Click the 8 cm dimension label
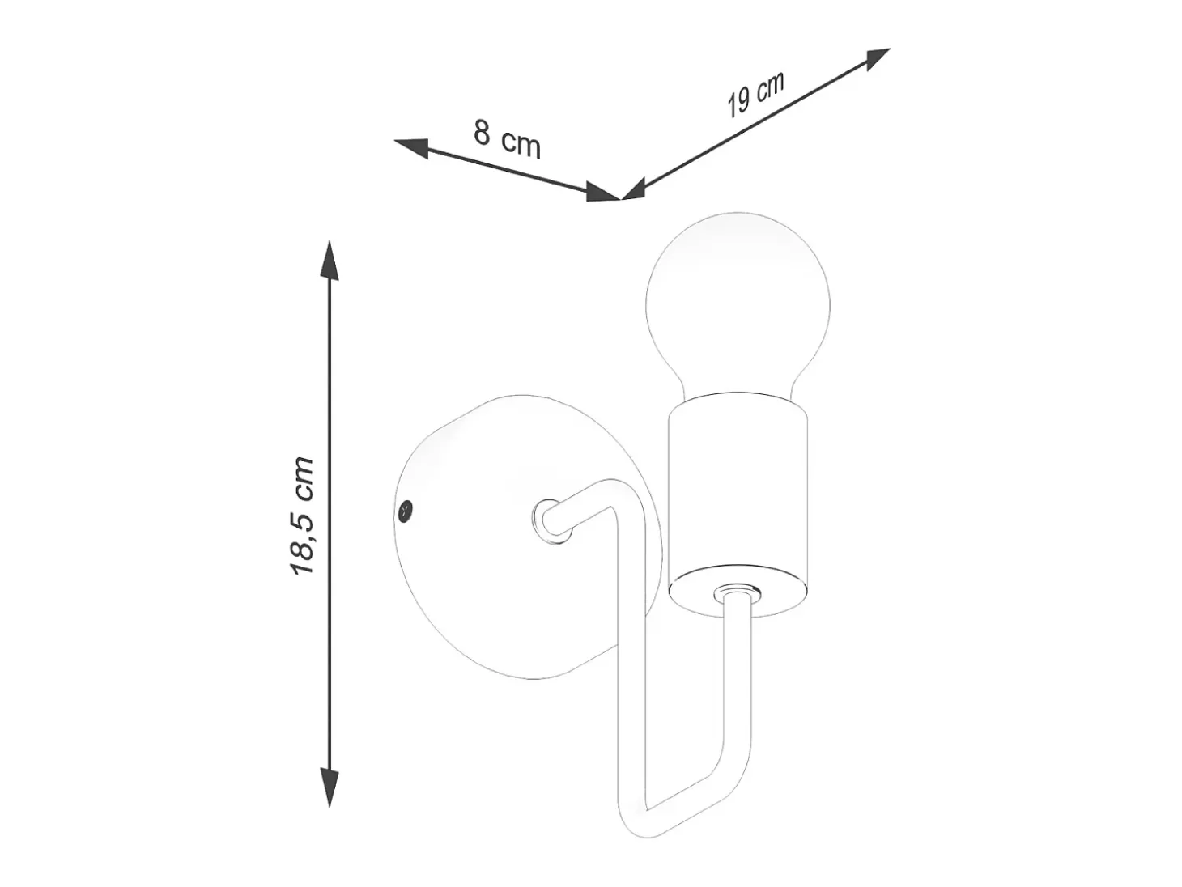tap(507, 139)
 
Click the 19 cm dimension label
tap(755, 95)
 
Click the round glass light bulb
tap(738, 305)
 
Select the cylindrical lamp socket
tap(738, 504)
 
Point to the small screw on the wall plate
tap(405, 510)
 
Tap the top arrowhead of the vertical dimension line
tap(329, 261)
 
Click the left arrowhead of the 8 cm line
tap(412, 146)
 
